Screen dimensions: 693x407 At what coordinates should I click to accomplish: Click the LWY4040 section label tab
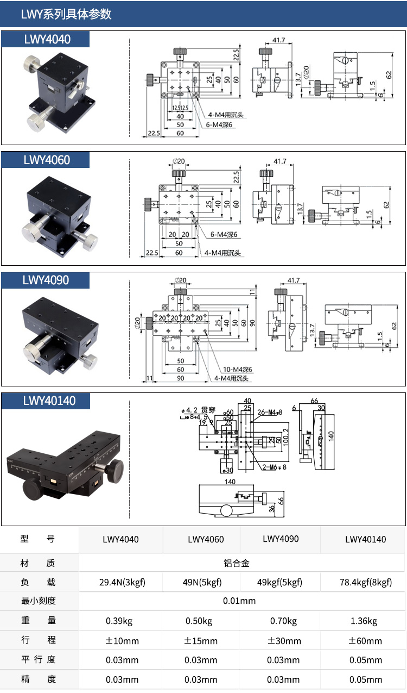(47, 39)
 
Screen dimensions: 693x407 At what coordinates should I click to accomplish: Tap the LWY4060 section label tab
(47, 160)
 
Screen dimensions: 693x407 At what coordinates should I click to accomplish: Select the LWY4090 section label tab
(47, 280)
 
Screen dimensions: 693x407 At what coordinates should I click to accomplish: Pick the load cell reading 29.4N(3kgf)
(122, 582)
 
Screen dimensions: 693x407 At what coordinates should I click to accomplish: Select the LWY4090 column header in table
(281, 539)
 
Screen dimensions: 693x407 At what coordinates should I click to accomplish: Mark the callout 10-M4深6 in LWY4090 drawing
(237, 370)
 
